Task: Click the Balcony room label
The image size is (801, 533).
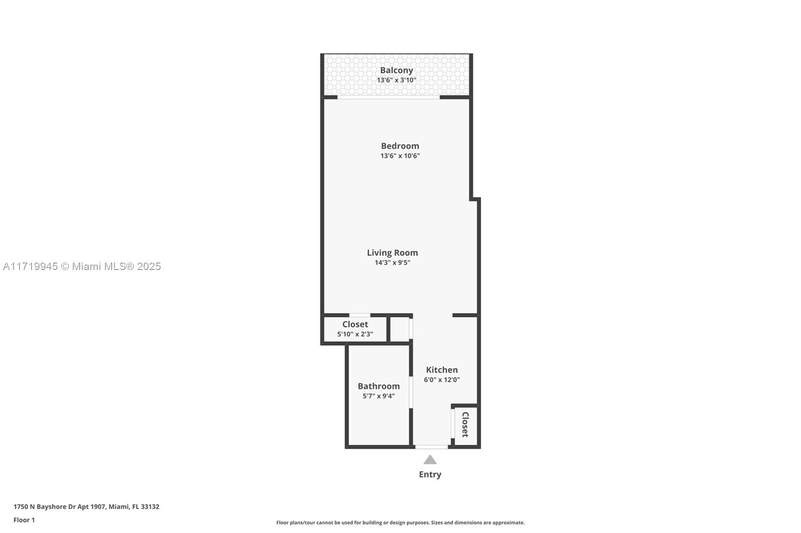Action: [396, 70]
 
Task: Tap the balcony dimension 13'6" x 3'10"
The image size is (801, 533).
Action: [396, 80]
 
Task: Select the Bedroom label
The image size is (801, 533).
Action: [400, 146]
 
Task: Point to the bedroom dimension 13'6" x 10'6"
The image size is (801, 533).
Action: [400, 156]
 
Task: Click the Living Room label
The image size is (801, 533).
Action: [392, 252]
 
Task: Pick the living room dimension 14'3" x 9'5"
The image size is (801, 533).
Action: [392, 262]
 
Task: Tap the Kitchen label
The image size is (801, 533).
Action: [442, 369]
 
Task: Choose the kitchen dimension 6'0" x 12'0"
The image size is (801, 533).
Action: [442, 379]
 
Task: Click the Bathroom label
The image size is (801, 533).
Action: [378, 386]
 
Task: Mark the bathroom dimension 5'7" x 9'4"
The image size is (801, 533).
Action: [378, 396]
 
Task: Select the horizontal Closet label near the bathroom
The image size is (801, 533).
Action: [355, 324]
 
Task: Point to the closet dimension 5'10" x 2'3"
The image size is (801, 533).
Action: [355, 334]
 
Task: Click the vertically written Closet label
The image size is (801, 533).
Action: [465, 424]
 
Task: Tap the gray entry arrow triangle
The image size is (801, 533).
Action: [430, 460]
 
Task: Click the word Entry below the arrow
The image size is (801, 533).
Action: [430, 474]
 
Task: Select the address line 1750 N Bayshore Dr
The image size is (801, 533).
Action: [87, 506]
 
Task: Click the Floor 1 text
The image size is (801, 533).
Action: [25, 520]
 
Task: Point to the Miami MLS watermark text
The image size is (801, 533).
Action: [82, 266]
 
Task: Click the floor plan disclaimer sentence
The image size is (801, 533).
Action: [400, 522]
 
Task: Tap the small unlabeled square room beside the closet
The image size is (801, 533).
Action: [399, 329]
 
